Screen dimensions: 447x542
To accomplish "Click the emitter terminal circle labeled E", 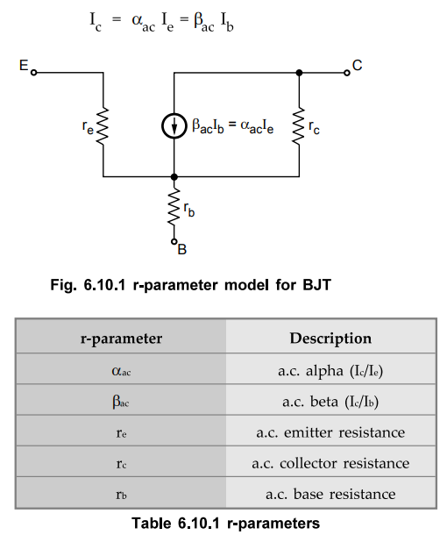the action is [33, 73].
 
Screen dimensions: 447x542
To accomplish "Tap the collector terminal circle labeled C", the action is [347, 73].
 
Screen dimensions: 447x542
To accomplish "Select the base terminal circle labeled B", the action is [174, 241].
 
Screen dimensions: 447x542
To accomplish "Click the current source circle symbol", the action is [174, 126].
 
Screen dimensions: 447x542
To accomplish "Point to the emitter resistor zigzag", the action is [103, 126].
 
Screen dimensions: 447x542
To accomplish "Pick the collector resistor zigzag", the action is [299, 126].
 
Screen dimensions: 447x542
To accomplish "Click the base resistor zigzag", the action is [174, 207].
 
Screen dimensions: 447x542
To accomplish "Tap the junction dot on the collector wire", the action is [299, 73].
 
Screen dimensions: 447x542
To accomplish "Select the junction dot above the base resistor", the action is [174, 177].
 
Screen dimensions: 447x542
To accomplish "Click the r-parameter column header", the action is [121, 339].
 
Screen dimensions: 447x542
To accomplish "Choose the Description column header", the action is [330, 339].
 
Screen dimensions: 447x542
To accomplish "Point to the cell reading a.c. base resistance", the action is [330, 493].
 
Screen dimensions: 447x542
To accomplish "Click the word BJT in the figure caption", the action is [316, 285].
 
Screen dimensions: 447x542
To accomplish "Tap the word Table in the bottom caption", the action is [152, 524].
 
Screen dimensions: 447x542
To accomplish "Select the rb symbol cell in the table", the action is [121, 493].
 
